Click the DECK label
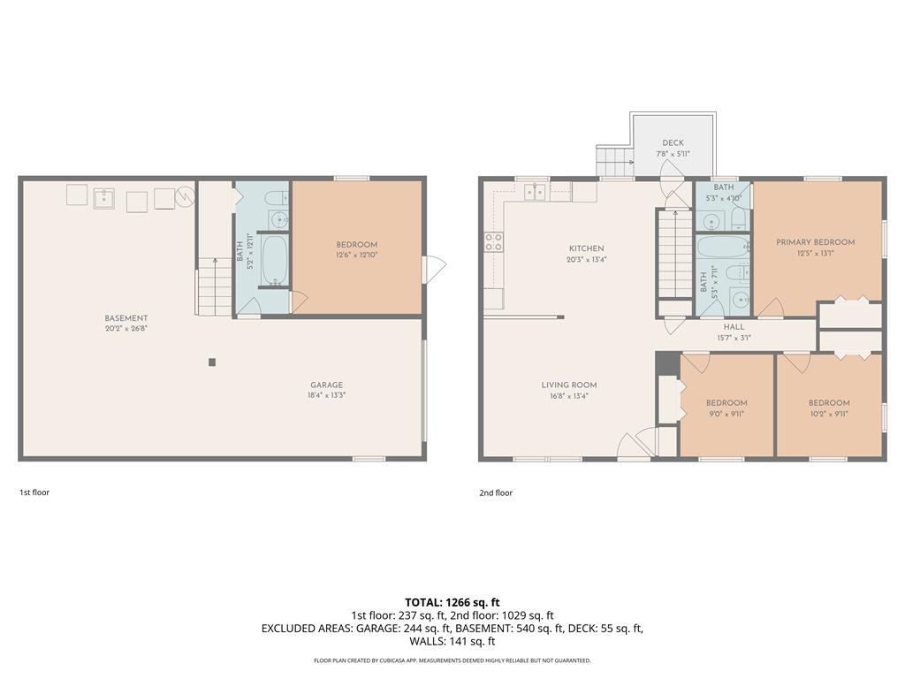pyautogui.click(x=673, y=143)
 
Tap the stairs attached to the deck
pyautogui.click(x=613, y=161)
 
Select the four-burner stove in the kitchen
pyautogui.click(x=493, y=242)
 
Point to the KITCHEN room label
pyautogui.click(x=586, y=248)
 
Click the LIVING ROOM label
pyautogui.click(x=569, y=385)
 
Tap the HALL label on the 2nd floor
pyautogui.click(x=734, y=326)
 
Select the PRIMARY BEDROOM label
pyautogui.click(x=815, y=242)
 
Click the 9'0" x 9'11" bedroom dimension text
pyautogui.click(x=726, y=413)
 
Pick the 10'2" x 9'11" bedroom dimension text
pyautogui.click(x=828, y=413)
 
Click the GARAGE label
pyautogui.click(x=326, y=385)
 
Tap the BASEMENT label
pyautogui.click(x=126, y=318)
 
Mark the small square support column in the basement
pyautogui.click(x=211, y=362)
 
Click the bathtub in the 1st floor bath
pyautogui.click(x=275, y=259)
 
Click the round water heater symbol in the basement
pyautogui.click(x=186, y=195)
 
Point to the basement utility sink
pyautogui.click(x=105, y=195)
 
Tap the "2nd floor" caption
pyautogui.click(x=496, y=492)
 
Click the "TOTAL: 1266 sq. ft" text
pyautogui.click(x=452, y=603)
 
